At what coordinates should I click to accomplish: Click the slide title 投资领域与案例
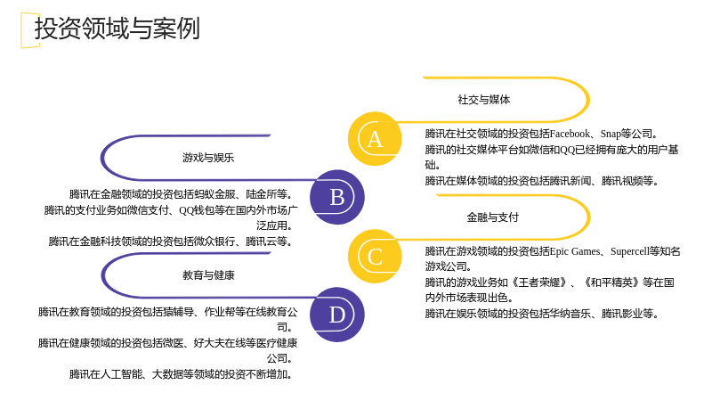[117, 29]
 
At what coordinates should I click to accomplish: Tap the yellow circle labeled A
[375, 139]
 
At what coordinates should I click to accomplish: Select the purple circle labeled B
[337, 197]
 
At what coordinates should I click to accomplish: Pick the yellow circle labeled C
[375, 257]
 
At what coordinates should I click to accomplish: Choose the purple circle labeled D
[337, 315]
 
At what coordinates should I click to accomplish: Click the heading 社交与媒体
[484, 100]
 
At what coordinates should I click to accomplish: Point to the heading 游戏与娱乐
[208, 158]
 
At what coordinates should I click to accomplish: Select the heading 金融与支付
[493, 217]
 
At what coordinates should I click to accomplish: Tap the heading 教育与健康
[208, 275]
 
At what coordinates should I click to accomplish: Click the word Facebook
[570, 134]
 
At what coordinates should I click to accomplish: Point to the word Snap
[611, 135]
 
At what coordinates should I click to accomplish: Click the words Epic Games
[575, 251]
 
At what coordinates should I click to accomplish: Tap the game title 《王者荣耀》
[538, 282]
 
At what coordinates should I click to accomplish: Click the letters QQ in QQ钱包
[186, 210]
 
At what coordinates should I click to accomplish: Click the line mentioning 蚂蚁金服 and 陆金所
[181, 194]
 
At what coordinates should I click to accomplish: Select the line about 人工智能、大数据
[181, 374]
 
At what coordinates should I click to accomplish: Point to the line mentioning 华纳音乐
[541, 314]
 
